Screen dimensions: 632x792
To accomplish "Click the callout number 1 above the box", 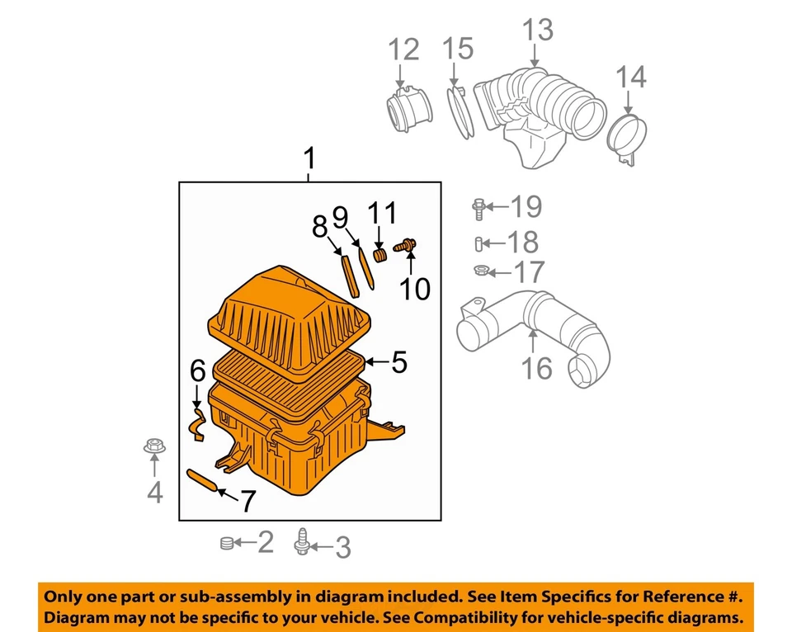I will (x=309, y=157).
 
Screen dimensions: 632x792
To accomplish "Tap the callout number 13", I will (x=537, y=31).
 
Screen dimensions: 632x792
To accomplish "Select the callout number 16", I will (x=537, y=367).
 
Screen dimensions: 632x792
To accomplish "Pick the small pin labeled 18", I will (x=479, y=243).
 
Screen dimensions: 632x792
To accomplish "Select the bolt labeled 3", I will (x=304, y=543).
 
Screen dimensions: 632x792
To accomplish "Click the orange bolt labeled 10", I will (x=407, y=245).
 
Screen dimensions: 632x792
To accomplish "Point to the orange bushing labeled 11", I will (x=380, y=253).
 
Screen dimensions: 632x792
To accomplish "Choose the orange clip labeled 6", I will (x=197, y=421).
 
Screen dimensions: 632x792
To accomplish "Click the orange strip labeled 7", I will (x=203, y=481).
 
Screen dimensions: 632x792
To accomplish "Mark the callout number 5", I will (x=398, y=361).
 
